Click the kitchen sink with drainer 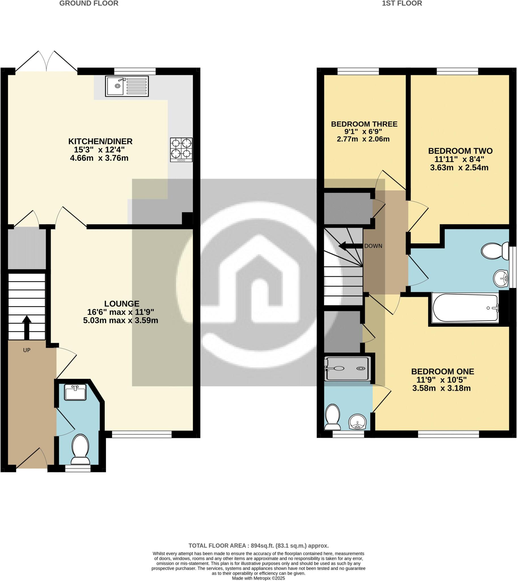point(127,86)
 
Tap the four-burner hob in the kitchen point(181,150)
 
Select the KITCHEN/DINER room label point(100,141)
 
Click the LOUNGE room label point(122,304)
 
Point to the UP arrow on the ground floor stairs point(27,327)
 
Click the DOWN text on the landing point(373,246)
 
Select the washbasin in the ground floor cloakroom point(75,392)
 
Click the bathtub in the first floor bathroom point(465,308)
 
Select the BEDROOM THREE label point(364,124)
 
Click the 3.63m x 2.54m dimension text point(459,168)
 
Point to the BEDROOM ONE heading point(443,372)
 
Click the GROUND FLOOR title point(89,3)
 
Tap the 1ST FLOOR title point(402,3)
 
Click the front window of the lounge point(142,434)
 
